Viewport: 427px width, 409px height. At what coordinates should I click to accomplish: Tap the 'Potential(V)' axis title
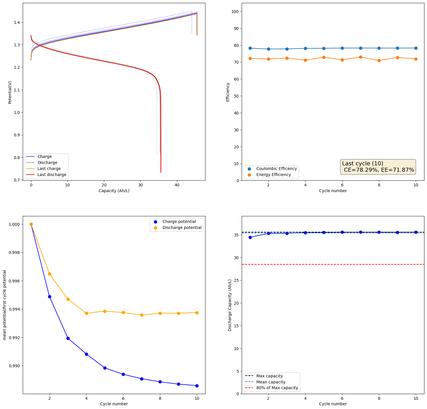pyautogui.click(x=10, y=92)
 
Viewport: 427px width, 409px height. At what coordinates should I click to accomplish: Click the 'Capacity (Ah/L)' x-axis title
pyautogui.click(x=114, y=191)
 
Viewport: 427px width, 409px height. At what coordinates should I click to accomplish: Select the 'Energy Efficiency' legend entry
pyautogui.click(x=273, y=175)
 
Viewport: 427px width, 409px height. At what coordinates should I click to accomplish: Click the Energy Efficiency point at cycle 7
pyautogui.click(x=361, y=57)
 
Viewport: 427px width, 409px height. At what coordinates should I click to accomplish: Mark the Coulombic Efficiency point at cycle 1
pyautogui.click(x=250, y=48)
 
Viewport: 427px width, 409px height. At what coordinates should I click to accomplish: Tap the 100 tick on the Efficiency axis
pyautogui.click(x=235, y=12)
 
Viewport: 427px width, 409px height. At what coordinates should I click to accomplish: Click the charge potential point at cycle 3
pyautogui.click(x=68, y=338)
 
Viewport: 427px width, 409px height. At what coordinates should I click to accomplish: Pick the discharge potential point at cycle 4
pyautogui.click(x=86, y=313)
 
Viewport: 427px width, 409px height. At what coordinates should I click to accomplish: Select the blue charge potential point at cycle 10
pyautogui.click(x=197, y=386)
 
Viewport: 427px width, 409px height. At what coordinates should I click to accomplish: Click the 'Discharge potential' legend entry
pyautogui.click(x=182, y=228)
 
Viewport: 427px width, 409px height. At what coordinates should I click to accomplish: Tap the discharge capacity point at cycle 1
pyautogui.click(x=250, y=237)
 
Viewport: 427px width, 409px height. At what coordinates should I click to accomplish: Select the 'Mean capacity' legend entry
pyautogui.click(x=270, y=382)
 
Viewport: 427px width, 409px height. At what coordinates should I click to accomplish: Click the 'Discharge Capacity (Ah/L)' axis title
pyautogui.click(x=230, y=305)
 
